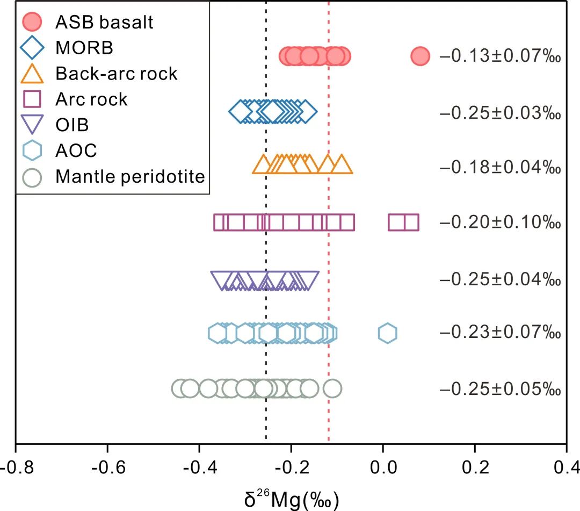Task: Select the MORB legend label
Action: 84,48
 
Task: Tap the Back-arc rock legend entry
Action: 116,73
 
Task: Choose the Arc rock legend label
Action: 91,99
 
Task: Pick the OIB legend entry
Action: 72,125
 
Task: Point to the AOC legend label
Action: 76,150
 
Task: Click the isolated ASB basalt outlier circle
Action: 421,56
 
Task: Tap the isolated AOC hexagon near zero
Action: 387,333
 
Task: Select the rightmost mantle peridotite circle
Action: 332,388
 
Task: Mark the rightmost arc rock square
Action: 411,222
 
